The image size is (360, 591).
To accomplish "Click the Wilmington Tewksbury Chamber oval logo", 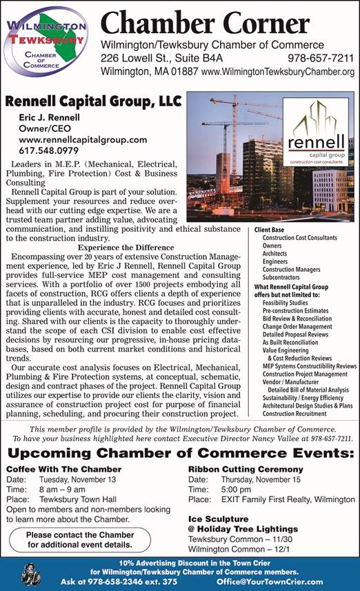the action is [46, 43].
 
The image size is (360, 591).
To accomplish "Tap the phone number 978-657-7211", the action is [321, 58].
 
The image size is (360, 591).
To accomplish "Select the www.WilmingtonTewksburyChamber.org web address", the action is [277, 72].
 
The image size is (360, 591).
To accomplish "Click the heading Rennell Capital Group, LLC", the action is [92, 101].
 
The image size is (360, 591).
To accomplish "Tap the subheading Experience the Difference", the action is [126, 248].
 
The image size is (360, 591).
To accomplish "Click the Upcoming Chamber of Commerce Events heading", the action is [179, 454].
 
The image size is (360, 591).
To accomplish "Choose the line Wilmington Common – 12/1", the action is [232, 548].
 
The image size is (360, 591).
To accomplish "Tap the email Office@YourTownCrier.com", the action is [269, 581].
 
